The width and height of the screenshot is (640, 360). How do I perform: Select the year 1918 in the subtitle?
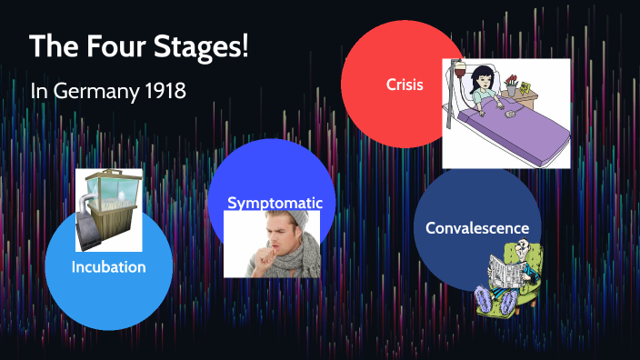coord(171,92)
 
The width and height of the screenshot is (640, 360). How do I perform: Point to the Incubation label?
coord(108,267)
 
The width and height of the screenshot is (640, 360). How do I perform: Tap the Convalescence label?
coord(477,227)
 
